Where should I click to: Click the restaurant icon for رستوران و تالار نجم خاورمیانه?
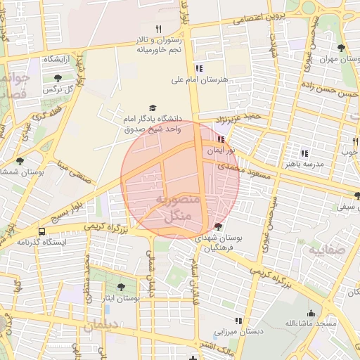[158, 29]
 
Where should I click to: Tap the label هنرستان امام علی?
[200, 80]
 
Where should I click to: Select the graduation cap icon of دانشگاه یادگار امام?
[153, 106]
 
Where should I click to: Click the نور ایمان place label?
[221, 151]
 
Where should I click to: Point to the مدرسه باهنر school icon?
[304, 153]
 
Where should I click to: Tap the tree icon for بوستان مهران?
[341, 48]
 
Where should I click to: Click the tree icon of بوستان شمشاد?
[20, 161]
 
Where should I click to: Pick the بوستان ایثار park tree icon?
[120, 287]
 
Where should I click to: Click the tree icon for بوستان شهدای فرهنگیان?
[218, 226]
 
